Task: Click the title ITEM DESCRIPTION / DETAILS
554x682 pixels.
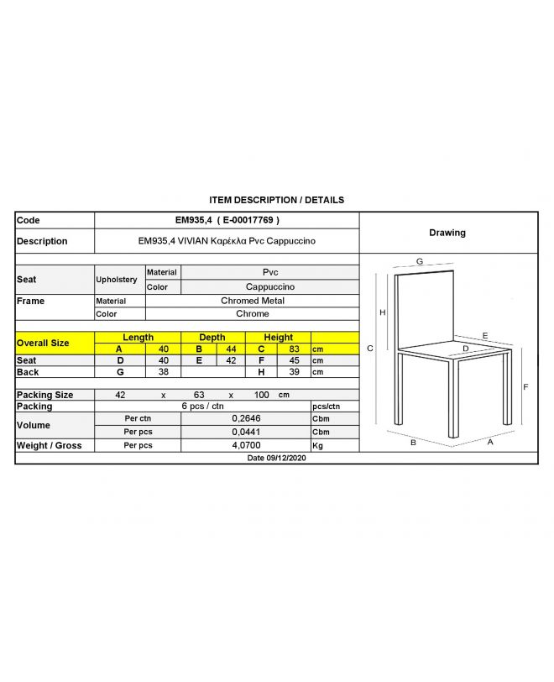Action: point(276,200)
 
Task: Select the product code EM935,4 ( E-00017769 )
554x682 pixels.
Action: point(227,220)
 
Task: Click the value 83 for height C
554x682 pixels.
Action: point(294,349)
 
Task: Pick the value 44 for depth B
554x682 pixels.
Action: point(230,349)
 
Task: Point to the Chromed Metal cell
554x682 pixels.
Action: point(253,301)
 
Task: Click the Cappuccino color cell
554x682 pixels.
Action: point(270,286)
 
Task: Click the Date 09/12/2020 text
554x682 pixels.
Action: point(276,459)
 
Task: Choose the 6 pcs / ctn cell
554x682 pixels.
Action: point(202,406)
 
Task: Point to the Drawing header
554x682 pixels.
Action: point(447,233)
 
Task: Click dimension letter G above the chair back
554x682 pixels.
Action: point(419,261)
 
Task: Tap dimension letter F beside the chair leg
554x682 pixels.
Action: point(525,387)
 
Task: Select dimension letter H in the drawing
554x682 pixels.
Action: point(383,312)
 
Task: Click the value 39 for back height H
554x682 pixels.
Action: point(294,372)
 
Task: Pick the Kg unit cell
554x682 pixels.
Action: point(317,445)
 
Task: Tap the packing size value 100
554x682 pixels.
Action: point(262,395)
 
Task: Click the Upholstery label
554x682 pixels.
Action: point(117,280)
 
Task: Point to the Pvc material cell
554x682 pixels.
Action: point(270,272)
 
